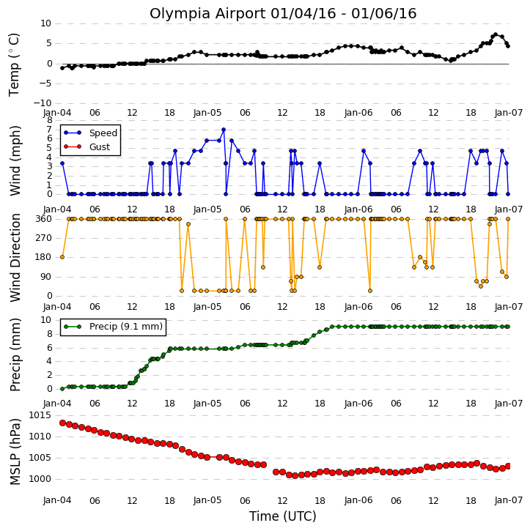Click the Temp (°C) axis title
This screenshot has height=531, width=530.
(x=14, y=64)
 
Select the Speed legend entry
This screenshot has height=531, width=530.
(x=90, y=133)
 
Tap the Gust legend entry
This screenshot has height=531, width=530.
(x=87, y=147)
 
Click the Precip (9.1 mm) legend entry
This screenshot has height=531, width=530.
(x=113, y=327)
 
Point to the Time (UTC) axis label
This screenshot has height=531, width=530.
(x=283, y=516)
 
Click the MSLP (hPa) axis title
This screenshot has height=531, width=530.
(x=15, y=452)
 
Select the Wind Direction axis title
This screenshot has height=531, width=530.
(x=15, y=258)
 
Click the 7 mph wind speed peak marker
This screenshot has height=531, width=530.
(x=224, y=130)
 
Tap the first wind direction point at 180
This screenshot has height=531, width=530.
(x=62, y=257)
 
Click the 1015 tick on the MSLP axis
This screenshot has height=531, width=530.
(x=40, y=415)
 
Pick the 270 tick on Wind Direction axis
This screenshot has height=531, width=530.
(x=44, y=238)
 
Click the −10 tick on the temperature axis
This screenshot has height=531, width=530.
(x=43, y=103)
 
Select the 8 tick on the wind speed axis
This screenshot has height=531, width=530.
(x=49, y=120)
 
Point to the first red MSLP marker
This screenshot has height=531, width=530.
(x=62, y=423)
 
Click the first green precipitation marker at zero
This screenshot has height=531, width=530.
(x=62, y=389)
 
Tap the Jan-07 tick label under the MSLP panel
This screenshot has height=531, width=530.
(x=509, y=500)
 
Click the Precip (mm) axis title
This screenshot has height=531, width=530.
(x=15, y=355)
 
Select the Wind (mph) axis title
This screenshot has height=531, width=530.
(x=15, y=161)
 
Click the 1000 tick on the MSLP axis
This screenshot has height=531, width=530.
(x=40, y=479)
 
